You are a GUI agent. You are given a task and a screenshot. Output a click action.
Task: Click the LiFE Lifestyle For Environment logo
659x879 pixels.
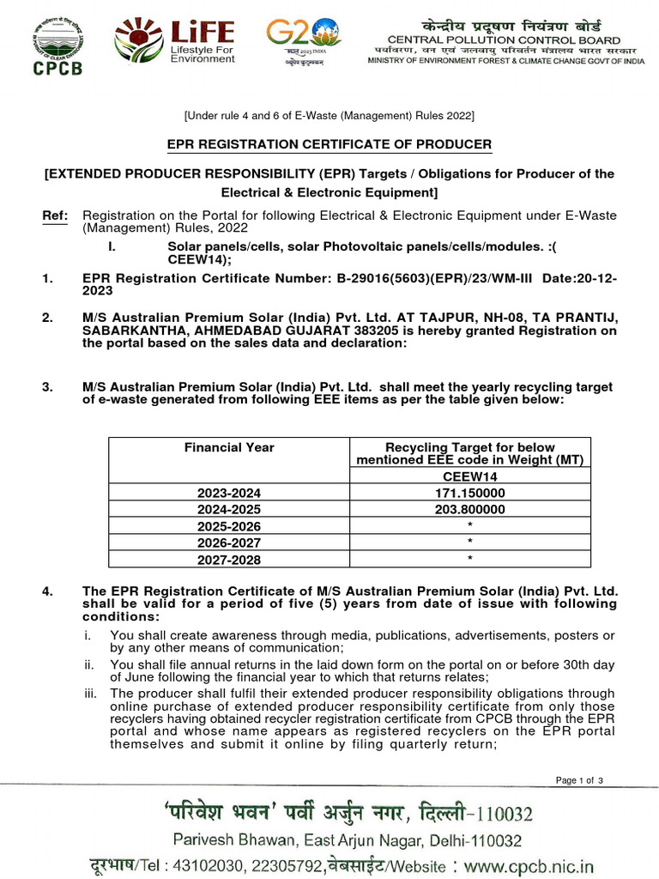click(175, 43)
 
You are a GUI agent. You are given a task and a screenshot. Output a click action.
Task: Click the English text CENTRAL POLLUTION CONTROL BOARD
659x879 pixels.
click(504, 40)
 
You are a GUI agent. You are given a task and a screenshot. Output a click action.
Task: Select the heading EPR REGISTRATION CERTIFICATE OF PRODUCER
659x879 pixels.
click(329, 144)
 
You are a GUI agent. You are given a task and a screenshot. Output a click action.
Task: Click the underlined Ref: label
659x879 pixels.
click(54, 215)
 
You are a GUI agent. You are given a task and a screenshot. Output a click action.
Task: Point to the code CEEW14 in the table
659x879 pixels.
click(469, 476)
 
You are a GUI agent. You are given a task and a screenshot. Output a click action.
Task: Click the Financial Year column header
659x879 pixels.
click(229, 447)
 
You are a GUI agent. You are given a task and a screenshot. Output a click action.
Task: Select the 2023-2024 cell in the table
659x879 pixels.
click(229, 493)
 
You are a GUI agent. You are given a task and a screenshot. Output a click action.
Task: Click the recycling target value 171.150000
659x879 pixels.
click(469, 493)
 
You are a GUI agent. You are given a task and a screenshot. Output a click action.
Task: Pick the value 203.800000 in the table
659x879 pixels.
click(469, 509)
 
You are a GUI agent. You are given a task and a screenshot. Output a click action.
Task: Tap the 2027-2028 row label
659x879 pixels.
click(229, 560)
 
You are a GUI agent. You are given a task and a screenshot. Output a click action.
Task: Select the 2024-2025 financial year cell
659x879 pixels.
click(229, 509)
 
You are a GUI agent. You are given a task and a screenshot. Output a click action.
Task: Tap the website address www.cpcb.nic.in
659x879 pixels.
click(529, 864)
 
